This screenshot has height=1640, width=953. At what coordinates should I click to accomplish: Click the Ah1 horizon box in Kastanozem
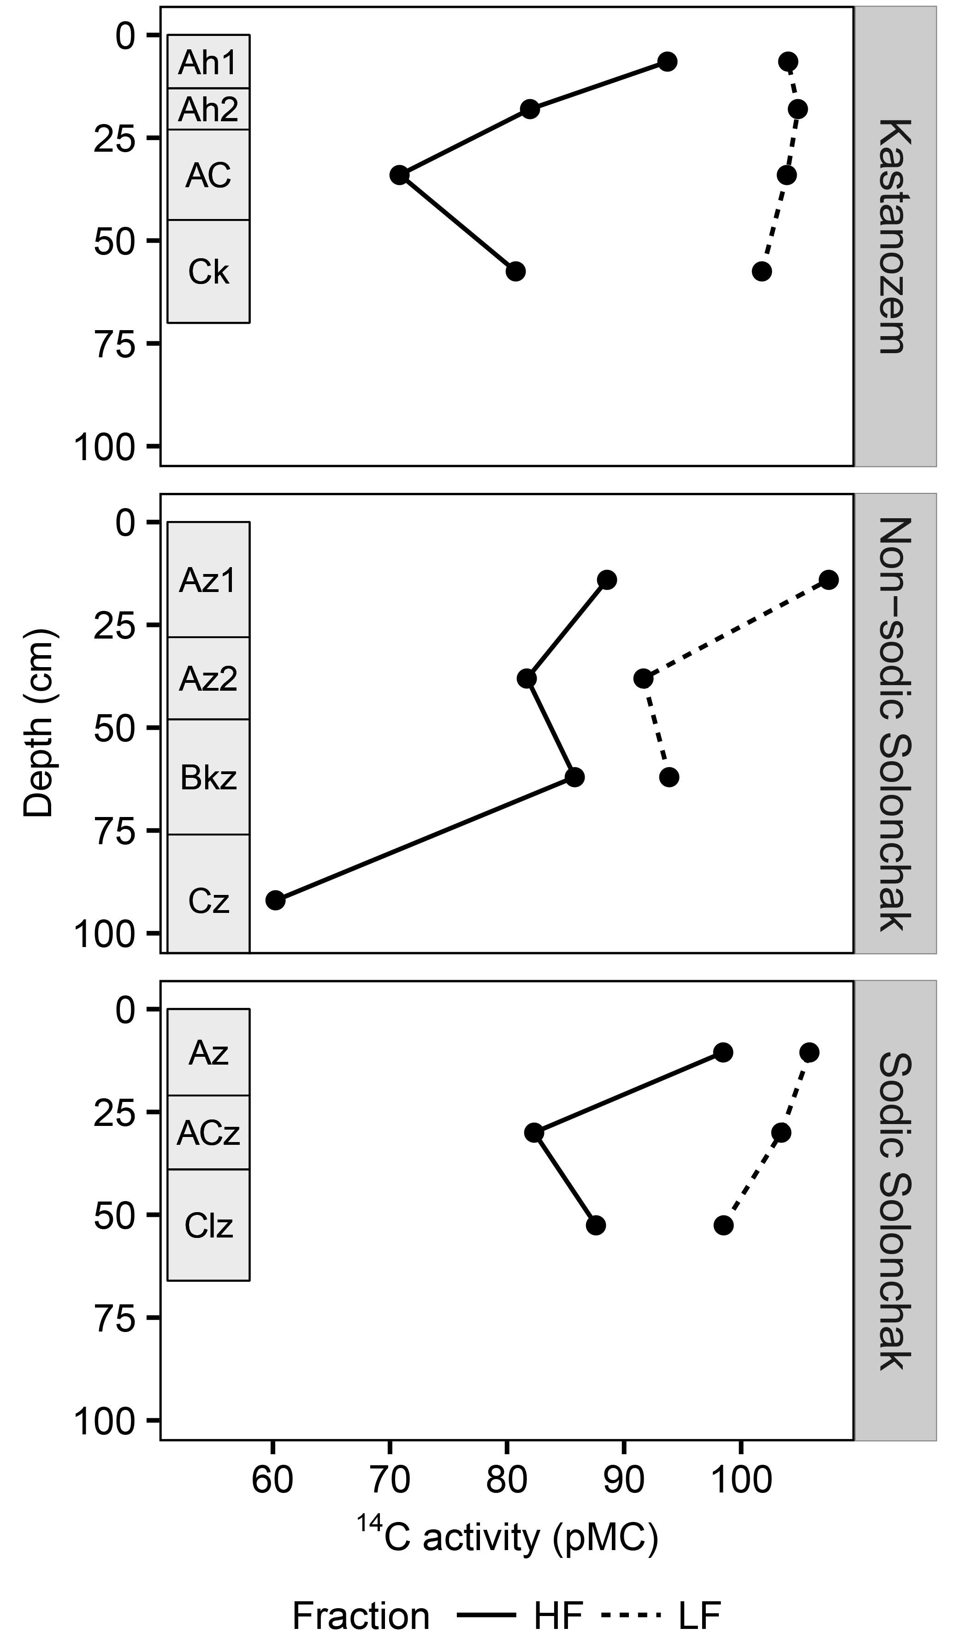[x=208, y=62]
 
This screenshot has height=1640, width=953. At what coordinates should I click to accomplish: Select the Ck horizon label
[x=208, y=272]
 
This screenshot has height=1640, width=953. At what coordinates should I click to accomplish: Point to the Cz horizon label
[x=208, y=901]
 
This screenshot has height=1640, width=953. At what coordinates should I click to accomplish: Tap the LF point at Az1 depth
[x=829, y=580]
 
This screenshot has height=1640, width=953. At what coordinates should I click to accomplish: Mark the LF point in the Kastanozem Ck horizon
[x=762, y=272]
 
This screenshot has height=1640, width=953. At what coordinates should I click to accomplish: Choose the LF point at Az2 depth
[x=643, y=679]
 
